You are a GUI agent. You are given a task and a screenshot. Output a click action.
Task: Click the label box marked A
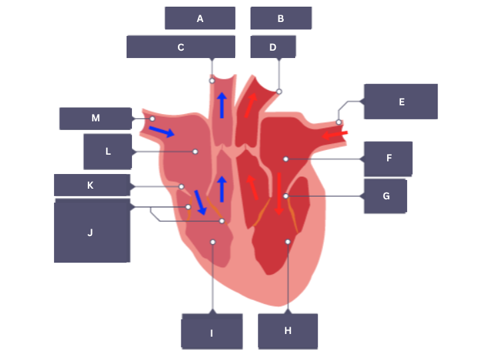pos(200,18)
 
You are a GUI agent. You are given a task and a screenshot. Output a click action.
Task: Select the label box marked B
pos(280,18)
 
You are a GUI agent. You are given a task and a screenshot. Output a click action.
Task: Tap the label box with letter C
pos(181,47)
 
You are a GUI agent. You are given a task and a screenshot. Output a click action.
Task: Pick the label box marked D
pos(272,47)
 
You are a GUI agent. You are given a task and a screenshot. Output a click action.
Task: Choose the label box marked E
pos(401,101)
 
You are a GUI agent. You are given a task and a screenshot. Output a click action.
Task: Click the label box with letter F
pos(388,159)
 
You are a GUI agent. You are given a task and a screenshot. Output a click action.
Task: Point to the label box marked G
pos(386,196)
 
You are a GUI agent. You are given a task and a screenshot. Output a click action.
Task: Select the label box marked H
pos(288,331)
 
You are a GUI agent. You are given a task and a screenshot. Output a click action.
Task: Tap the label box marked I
pos(212,333)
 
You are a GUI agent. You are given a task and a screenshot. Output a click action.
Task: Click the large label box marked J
pos(91,231)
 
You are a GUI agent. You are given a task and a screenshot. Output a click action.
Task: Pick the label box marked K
pos(91,185)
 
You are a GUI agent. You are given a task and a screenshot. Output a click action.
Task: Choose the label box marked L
pos(108,151)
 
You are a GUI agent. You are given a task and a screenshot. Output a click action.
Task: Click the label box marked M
pos(95,118)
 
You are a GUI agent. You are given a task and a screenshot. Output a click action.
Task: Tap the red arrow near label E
pos(334,135)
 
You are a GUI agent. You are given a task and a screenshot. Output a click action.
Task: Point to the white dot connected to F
pos(285,159)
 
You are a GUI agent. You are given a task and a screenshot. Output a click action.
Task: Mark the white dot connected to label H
pos(288,241)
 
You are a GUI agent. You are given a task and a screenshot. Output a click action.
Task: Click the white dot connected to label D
pos(279,91)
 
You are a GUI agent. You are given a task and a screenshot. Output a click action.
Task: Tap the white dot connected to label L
pos(195,151)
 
